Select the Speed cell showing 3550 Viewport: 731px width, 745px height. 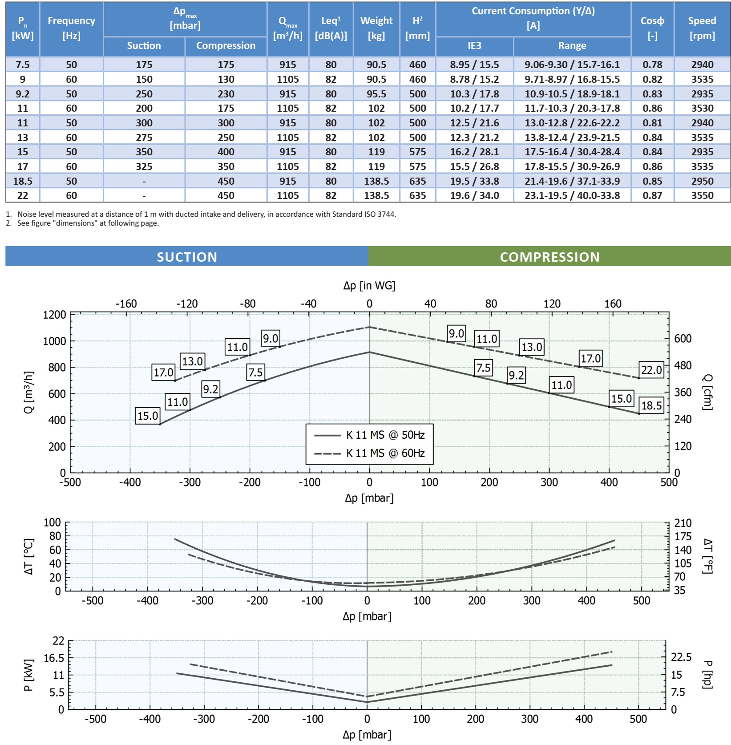pyautogui.click(x=702, y=195)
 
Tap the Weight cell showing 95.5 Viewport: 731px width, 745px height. pyautogui.click(x=376, y=94)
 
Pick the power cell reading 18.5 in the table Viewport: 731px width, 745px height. pyautogui.click(x=23, y=181)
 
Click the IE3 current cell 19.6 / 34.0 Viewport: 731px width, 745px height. pyautogui.click(x=474, y=195)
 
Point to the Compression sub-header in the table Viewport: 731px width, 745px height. pyautogui.click(x=226, y=46)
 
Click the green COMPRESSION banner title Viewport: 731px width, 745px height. pyautogui.click(x=549, y=257)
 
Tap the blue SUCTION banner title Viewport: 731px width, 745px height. pyautogui.click(x=187, y=257)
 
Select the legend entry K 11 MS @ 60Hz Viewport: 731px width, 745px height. pyautogui.click(x=385, y=453)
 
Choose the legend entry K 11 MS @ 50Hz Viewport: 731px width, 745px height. pyautogui.click(x=385, y=435)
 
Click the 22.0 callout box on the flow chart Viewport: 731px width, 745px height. pyautogui.click(x=651, y=370)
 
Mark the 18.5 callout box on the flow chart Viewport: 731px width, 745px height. pyautogui.click(x=651, y=405)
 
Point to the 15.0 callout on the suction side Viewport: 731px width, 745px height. pyautogui.click(x=148, y=416)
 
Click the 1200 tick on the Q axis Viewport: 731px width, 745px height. pyautogui.click(x=54, y=315)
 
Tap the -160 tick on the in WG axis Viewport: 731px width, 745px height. pyautogui.click(x=126, y=304)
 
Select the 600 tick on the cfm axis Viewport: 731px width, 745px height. pyautogui.click(x=683, y=339)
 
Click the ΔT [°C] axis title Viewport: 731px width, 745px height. pyautogui.click(x=28, y=556)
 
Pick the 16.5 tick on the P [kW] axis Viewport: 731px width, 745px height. pyautogui.click(x=54, y=658)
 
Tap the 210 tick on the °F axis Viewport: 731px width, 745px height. pyautogui.click(x=683, y=523)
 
